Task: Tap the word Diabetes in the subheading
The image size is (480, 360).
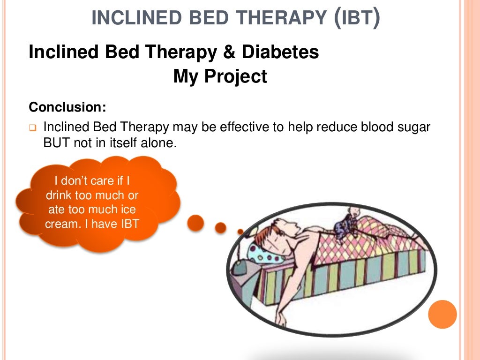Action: (x=280, y=52)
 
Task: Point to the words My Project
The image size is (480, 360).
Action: (x=220, y=76)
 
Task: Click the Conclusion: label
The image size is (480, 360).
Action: (x=67, y=107)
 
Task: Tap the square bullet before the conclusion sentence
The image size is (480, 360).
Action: (x=33, y=127)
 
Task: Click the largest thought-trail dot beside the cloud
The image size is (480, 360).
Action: (x=195, y=223)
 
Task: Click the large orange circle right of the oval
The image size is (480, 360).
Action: (x=442, y=314)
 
